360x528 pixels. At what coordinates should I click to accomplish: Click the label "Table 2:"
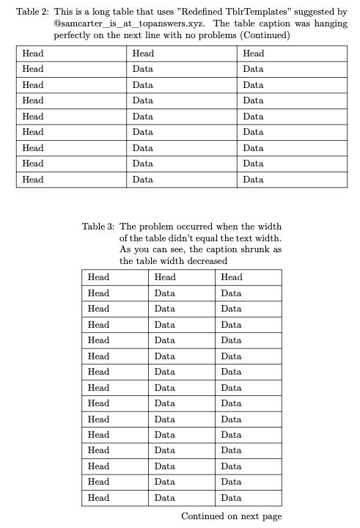(x=32, y=12)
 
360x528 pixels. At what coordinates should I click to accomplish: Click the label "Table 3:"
(x=98, y=227)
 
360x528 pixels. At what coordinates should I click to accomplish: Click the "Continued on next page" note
(x=231, y=516)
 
